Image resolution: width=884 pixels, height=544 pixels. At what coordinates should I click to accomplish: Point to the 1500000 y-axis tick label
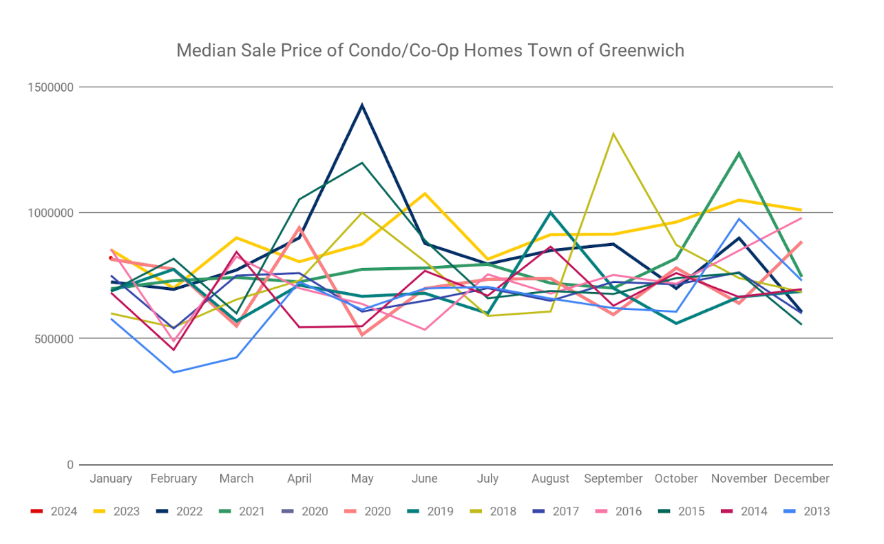point(51,87)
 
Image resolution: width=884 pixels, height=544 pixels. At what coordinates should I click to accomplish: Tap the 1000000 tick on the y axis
point(51,213)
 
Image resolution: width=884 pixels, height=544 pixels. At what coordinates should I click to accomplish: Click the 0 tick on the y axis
point(70,465)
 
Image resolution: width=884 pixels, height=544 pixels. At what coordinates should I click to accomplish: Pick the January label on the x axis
point(111,479)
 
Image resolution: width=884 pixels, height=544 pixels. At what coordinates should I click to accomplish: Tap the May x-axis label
point(362,479)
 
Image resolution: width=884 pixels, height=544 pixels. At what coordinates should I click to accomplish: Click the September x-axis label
point(613,479)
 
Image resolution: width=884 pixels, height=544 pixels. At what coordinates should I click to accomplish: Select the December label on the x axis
point(802,479)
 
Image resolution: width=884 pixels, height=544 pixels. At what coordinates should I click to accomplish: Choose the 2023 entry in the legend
point(126,512)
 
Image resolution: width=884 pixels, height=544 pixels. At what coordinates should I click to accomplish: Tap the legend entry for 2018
point(503,512)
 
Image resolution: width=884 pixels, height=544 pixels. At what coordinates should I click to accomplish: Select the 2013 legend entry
point(817,512)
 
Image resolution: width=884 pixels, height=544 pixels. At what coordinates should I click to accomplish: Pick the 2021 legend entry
point(251,512)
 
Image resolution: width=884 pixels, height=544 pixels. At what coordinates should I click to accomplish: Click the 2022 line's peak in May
point(362,105)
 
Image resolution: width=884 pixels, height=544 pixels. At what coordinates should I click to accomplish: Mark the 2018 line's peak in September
point(613,134)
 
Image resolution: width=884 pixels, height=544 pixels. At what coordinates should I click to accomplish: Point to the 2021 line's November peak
point(739,153)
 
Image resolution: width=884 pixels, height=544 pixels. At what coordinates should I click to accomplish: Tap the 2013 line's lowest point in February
point(173,373)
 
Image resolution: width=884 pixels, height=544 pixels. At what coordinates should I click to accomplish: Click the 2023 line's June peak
point(425,193)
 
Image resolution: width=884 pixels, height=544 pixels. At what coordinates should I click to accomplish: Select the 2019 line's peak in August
point(551,212)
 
